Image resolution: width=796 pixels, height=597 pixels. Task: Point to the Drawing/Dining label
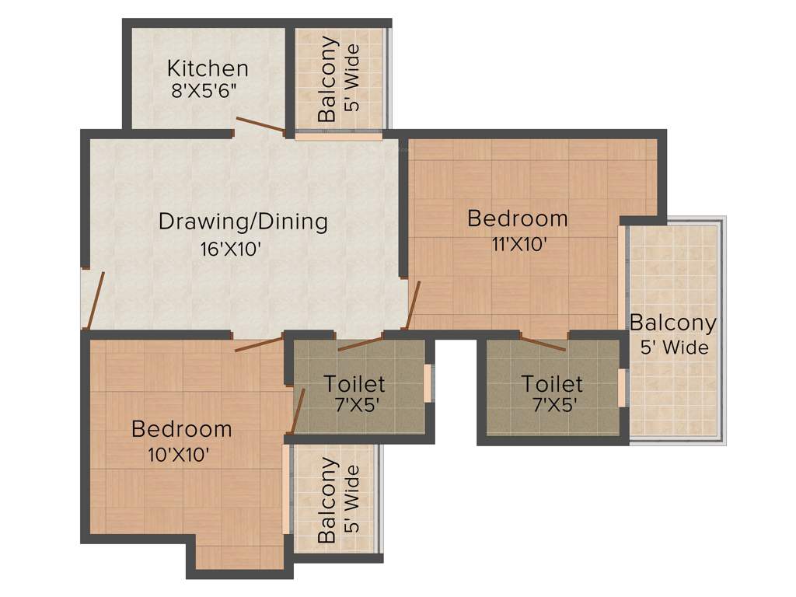pos(243,222)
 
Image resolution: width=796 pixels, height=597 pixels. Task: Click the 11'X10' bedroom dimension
pos(519,244)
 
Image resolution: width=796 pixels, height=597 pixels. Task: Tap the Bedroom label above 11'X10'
pos(517,218)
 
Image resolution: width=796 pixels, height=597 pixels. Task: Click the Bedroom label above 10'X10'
pos(181,428)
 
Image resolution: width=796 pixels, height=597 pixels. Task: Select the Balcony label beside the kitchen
pos(327,79)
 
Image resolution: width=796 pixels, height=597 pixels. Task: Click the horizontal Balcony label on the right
pos(672,322)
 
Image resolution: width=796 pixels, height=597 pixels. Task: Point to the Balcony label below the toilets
pos(327,500)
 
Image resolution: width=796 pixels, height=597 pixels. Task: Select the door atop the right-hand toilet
pos(543,344)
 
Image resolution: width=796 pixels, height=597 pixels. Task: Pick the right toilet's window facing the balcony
pos(621,387)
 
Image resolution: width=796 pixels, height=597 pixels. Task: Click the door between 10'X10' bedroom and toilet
pos(296,410)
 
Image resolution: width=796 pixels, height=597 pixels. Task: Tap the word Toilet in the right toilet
pos(552,384)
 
